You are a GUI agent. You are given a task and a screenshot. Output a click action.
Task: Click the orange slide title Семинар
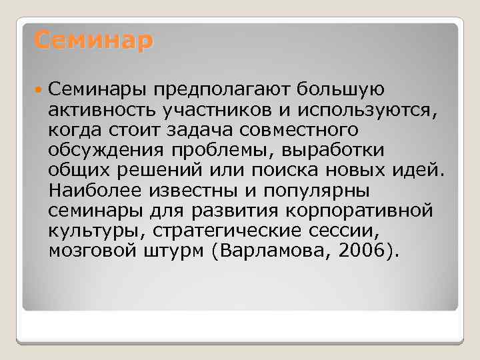point(93,41)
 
